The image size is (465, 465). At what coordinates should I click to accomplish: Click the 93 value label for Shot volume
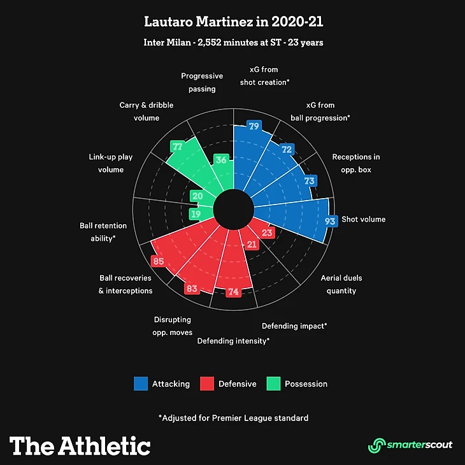point(330,222)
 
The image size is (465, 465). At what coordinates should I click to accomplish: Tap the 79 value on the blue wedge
point(254,126)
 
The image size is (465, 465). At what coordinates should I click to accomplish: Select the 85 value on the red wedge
point(157,261)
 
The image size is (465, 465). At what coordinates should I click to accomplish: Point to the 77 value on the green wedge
point(177,147)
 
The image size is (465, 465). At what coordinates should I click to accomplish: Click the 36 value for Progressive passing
point(221,160)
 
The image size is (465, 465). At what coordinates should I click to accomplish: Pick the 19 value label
point(196,214)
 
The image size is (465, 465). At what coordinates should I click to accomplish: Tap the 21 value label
point(252,244)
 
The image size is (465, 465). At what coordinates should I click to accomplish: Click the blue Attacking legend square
point(141,383)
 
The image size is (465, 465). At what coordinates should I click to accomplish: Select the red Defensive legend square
point(206,383)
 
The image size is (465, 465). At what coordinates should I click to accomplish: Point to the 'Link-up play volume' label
point(111,162)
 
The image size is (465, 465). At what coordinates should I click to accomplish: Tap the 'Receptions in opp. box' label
point(356,164)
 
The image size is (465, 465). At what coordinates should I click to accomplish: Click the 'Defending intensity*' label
point(233,341)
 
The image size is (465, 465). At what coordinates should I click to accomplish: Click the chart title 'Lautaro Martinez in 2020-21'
point(232,22)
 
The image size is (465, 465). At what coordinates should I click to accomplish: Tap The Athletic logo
point(80,445)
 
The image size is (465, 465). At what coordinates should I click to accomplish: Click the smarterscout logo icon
point(378,445)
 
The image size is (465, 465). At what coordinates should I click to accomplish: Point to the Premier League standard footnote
point(233,418)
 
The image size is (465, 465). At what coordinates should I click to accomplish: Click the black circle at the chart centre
point(232,210)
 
